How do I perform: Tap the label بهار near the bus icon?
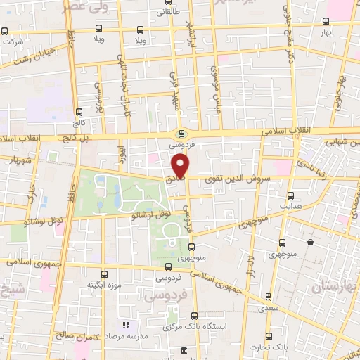click(345, 33)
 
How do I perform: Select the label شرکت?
click(13, 41)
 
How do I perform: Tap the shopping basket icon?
click(310, 243)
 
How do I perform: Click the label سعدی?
click(265, 308)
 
